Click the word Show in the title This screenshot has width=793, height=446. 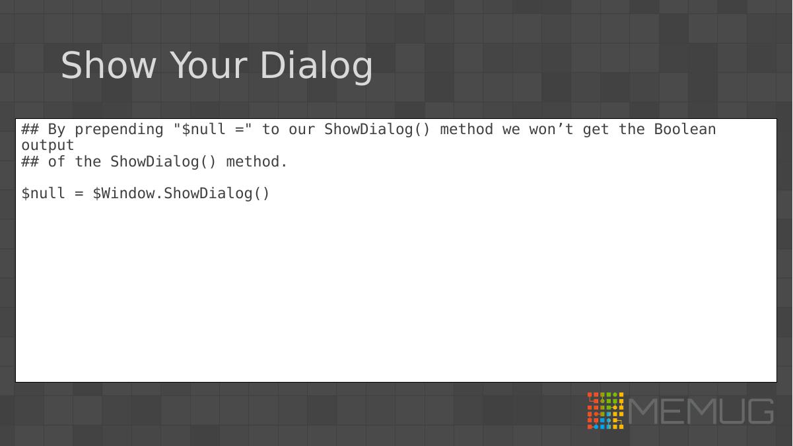click(108, 65)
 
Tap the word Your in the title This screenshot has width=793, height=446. click(209, 65)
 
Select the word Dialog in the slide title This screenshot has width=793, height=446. click(316, 67)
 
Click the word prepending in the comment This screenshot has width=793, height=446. click(119, 130)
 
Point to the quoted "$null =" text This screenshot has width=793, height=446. click(213, 130)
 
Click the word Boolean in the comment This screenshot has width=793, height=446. click(685, 130)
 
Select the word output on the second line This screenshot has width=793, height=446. click(48, 145)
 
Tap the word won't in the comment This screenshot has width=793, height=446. click(551, 130)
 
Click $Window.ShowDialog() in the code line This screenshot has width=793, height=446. click(182, 194)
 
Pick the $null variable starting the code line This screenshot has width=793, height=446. click(43, 194)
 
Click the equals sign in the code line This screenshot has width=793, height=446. click(79, 194)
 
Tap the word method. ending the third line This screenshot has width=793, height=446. click(257, 161)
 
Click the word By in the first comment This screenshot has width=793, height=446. click(57, 130)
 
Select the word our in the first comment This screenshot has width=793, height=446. click(302, 130)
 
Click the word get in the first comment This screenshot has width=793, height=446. click(596, 130)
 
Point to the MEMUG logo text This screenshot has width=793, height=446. click(701, 411)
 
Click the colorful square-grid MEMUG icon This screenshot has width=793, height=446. click(605, 410)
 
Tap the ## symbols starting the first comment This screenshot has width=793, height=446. click(30, 130)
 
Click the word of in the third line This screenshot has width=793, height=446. click(57, 161)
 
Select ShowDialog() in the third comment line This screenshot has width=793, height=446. click(163, 162)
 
